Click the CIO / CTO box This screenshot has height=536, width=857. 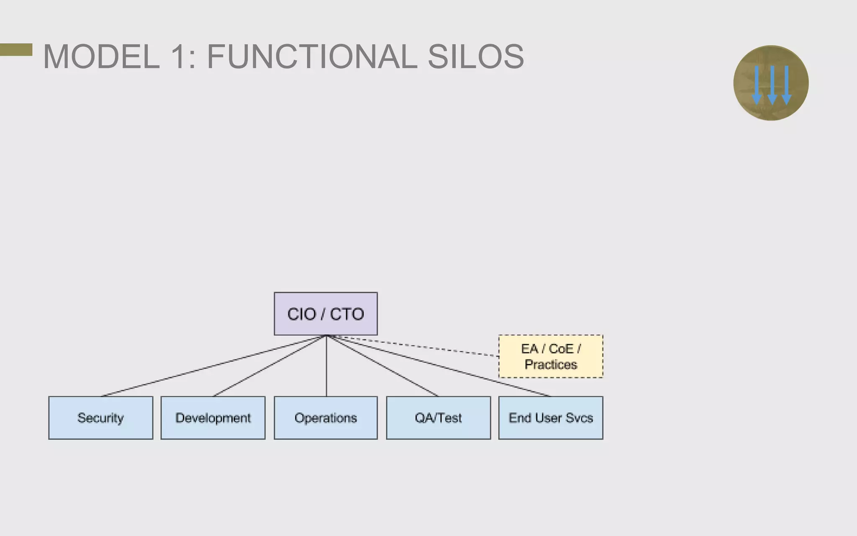pos(326,314)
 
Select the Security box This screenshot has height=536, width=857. pos(100,418)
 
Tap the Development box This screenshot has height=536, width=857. pos(213,418)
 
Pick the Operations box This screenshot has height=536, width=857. pos(326,418)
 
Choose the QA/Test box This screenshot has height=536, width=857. pos(438,418)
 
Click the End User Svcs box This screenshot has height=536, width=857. pos(551,418)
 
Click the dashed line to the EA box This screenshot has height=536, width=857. pos(418,346)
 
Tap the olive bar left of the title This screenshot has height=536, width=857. pos(16,49)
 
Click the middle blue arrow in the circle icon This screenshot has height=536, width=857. pos(772,84)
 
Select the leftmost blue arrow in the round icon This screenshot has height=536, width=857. pos(757,84)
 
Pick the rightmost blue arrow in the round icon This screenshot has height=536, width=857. pos(787,84)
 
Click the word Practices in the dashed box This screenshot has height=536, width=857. pos(551,364)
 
